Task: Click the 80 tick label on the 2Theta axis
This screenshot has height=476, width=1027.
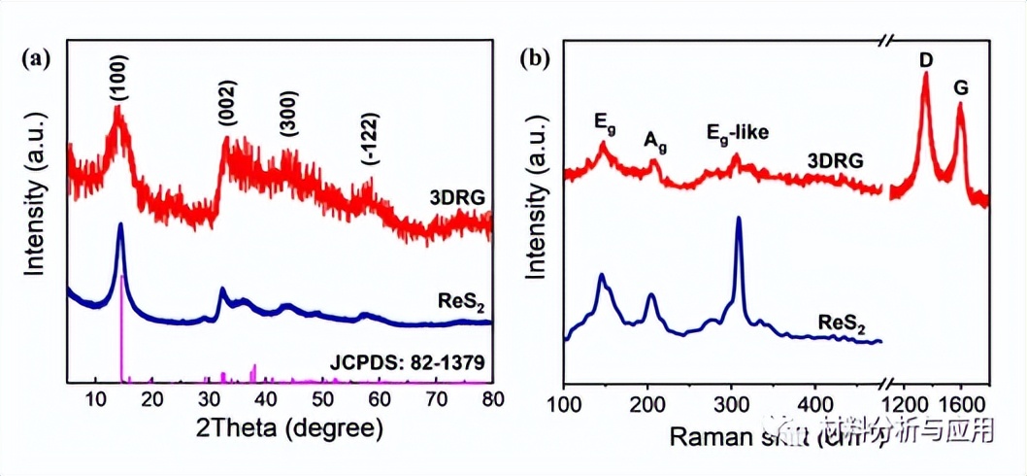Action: pos(491,399)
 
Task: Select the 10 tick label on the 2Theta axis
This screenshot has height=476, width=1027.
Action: pos(95,399)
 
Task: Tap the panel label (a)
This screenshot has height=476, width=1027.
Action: pos(34,58)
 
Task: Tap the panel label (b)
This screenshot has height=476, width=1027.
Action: pos(535,58)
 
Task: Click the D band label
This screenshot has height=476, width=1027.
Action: pos(925,61)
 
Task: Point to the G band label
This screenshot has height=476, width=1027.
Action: pos(961,88)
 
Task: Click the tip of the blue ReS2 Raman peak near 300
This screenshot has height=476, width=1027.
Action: pos(739,219)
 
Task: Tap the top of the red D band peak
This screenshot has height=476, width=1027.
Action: pos(925,76)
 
